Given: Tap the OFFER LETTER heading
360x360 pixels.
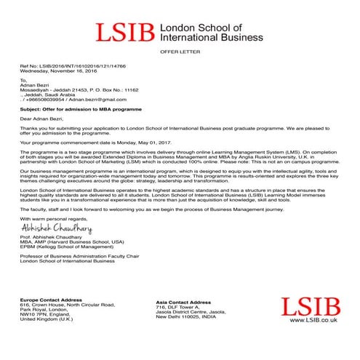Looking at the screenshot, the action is point(179,53).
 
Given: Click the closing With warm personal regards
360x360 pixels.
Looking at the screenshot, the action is point(51,218).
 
